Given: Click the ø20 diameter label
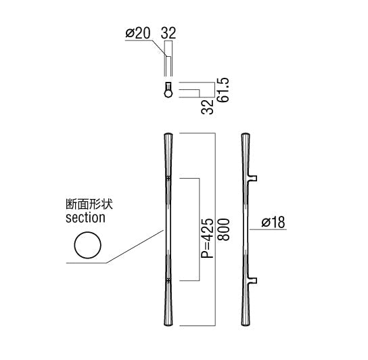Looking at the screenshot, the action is (x=138, y=33).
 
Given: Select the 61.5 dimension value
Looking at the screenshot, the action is (x=223, y=90).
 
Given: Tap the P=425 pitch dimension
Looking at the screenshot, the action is (x=208, y=238).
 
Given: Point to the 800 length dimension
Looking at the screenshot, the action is (x=223, y=229).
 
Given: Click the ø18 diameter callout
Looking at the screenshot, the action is (x=273, y=222).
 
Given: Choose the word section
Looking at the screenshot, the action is (x=85, y=218).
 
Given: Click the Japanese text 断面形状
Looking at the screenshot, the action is (x=89, y=204).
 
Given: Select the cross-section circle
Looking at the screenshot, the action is (x=88, y=245).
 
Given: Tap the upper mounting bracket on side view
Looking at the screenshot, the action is (x=252, y=179).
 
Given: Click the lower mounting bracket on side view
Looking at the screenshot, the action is (x=252, y=281).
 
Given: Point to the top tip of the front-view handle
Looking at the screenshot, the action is (x=168, y=133).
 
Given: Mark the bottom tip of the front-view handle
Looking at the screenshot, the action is (x=168, y=325).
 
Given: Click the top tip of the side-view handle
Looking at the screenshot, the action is (x=246, y=133).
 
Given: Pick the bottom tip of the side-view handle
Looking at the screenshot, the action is (x=246, y=325).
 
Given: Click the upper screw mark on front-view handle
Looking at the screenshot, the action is (x=168, y=179).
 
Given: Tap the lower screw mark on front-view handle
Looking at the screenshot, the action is (x=168, y=281).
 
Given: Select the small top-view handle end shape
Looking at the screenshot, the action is (x=168, y=90).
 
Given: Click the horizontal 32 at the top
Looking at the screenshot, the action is (x=168, y=33).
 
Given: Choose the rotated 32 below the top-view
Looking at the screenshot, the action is (x=208, y=107).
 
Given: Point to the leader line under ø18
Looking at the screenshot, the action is (x=268, y=229).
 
